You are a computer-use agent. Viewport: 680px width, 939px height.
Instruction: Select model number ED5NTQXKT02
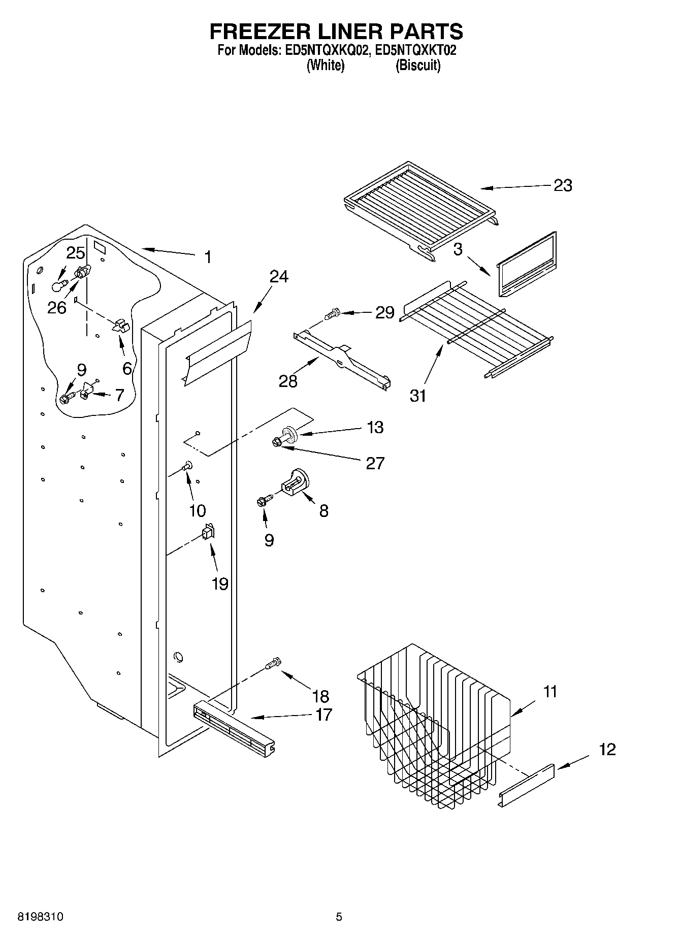point(415,50)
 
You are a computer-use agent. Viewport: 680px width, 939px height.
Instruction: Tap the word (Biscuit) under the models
point(417,66)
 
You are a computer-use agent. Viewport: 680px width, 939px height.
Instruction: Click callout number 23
point(563,186)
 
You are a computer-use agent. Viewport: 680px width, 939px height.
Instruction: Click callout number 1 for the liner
point(207,257)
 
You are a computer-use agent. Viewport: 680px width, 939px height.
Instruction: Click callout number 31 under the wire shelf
point(418,396)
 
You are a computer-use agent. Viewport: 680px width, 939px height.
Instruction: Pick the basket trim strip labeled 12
point(528,783)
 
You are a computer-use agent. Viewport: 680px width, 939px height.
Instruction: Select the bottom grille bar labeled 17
point(234,726)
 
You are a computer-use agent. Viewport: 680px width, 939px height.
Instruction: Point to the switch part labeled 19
point(208,532)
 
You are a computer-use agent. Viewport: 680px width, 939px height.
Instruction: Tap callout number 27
point(375,463)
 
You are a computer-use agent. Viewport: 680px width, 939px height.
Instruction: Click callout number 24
point(279,277)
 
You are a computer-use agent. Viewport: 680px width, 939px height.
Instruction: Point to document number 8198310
point(41,917)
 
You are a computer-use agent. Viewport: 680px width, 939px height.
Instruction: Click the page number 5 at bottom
point(339,917)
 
